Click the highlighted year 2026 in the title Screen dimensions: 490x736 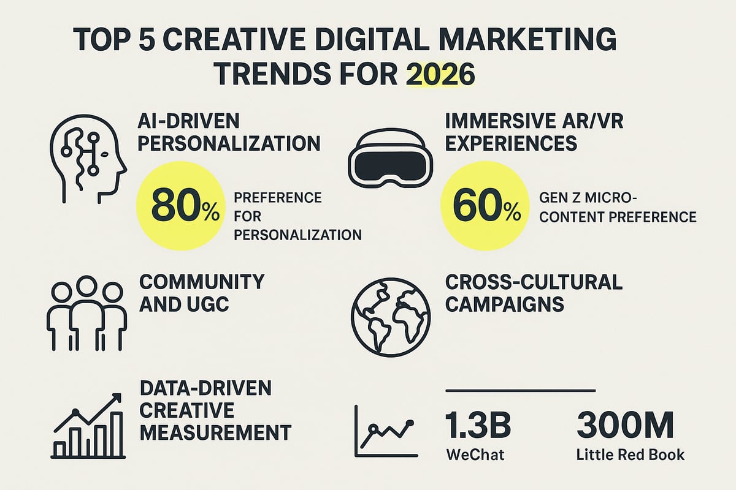pos(440,75)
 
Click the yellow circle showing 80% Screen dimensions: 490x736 pos(185,207)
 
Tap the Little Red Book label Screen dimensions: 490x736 pos(631,456)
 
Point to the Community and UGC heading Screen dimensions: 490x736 pos(202,293)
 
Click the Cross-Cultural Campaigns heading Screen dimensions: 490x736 pos(534,293)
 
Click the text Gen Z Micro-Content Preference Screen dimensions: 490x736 pos(618,207)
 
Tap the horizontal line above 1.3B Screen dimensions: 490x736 pos(519,390)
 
